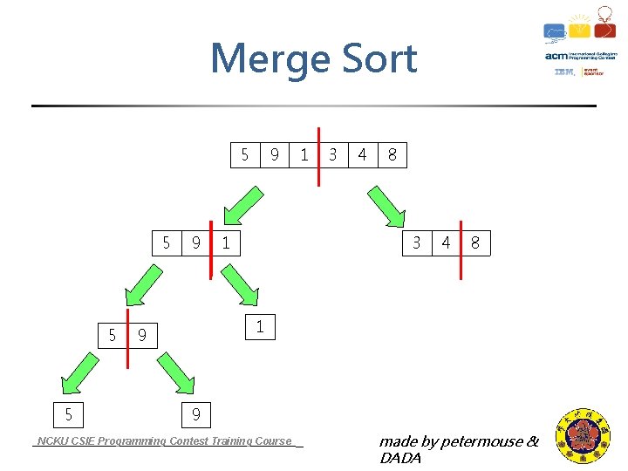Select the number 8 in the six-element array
[x=392, y=155]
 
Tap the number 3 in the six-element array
[x=332, y=155]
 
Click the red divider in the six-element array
[x=318, y=155]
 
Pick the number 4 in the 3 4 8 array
[x=446, y=242]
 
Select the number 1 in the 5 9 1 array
[x=226, y=243]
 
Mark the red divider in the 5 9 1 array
[x=211, y=249]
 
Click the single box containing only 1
[x=259, y=327]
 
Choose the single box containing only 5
[x=68, y=413]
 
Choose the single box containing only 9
[x=196, y=413]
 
